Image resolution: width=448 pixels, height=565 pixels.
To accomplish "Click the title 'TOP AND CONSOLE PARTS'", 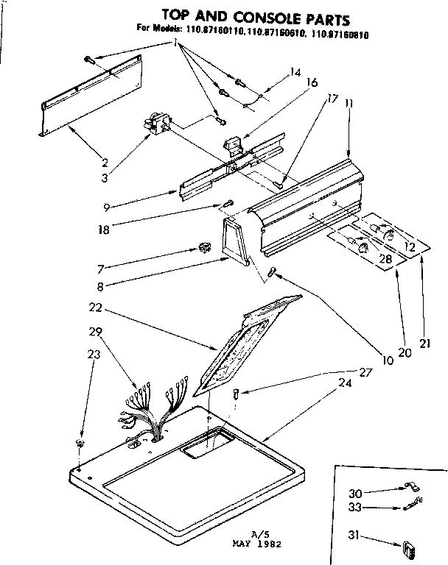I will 245,15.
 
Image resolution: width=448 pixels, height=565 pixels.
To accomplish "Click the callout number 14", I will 295,73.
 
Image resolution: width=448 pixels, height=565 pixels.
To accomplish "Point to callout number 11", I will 348,104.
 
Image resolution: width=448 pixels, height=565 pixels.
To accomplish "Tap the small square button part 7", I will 205,248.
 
